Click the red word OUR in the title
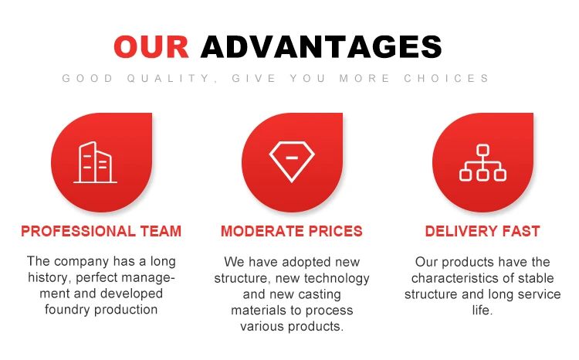point(151,46)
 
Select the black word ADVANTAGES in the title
point(321,46)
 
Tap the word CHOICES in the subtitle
point(446,78)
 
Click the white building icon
point(96,163)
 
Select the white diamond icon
point(292,162)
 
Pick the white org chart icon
point(482,163)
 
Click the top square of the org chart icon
point(482,150)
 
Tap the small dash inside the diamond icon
point(292,158)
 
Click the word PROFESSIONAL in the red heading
point(78,232)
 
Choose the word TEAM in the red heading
point(161,232)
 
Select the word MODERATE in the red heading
point(262,232)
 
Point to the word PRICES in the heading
point(336,232)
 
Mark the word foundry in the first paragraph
point(68,309)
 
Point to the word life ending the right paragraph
point(481,310)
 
